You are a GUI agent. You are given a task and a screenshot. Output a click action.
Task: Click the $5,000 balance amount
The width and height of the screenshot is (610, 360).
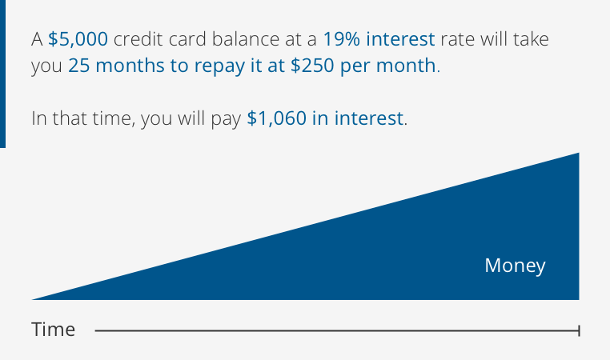pyautogui.click(x=78, y=38)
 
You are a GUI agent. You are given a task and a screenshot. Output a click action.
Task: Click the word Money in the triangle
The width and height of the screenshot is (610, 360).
pyautogui.click(x=515, y=266)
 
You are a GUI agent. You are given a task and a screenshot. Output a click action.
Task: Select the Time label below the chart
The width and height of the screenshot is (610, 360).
pyautogui.click(x=54, y=330)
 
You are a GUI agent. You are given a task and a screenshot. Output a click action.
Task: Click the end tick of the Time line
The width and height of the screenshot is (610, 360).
pyautogui.click(x=579, y=330)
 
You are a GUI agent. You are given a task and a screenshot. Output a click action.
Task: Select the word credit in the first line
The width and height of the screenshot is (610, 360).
pyautogui.click(x=136, y=38)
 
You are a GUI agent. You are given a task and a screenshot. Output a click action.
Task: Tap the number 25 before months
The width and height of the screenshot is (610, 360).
pyautogui.click(x=78, y=66)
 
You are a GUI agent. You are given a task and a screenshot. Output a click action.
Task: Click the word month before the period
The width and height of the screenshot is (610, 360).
pyautogui.click(x=409, y=66)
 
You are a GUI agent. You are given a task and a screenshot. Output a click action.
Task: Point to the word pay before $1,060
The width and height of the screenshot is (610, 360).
pyautogui.click(x=227, y=119)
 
